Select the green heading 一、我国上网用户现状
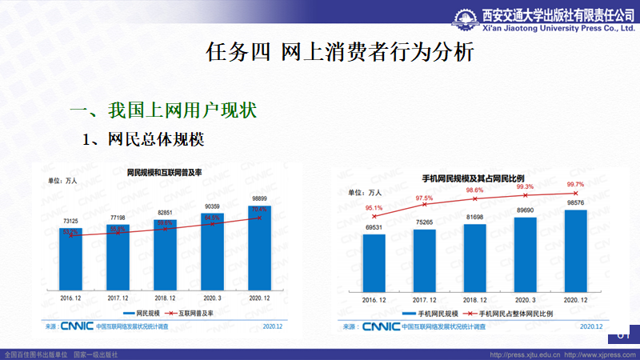coord(163,110)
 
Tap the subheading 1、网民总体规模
coord(144,139)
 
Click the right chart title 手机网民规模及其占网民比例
coord(472,177)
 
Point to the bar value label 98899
coord(259,198)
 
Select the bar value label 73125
coord(70,221)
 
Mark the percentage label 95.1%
coord(374,209)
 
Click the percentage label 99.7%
coord(575,184)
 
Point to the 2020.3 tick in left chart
coord(212,296)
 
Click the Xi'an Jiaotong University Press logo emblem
coord(467,17)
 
